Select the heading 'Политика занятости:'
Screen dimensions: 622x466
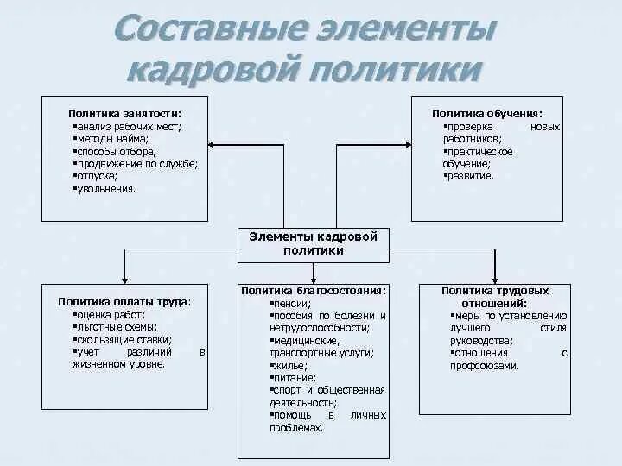[x=125, y=113]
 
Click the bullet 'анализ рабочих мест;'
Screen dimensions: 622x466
[x=127, y=126]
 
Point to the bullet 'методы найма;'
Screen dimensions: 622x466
[x=112, y=138]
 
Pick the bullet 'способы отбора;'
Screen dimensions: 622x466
[x=116, y=151]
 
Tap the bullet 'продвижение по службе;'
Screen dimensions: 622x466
[x=136, y=163]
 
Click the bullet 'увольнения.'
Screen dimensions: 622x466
[x=105, y=188]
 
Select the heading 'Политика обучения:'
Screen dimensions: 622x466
[x=487, y=113]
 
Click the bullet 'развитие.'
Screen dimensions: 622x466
[x=469, y=175]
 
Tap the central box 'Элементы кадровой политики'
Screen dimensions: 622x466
[x=313, y=243]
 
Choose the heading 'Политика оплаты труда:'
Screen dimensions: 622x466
[x=125, y=302]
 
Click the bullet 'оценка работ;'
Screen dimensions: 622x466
[x=109, y=315]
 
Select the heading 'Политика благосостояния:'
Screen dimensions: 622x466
[x=313, y=292]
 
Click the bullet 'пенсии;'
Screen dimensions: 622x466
[x=289, y=304]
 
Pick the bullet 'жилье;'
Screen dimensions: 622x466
[x=288, y=366]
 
